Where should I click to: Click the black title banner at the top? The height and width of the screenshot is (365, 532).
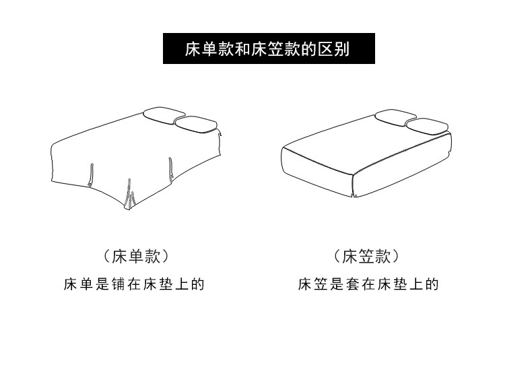pyautogui.click(x=269, y=48)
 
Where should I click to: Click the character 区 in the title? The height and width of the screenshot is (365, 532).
pyautogui.click(x=325, y=49)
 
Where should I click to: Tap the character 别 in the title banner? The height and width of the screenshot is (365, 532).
pyautogui.click(x=341, y=49)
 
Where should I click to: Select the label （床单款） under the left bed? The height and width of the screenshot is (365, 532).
pyautogui.click(x=135, y=257)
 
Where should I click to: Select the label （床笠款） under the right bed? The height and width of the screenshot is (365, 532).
pyautogui.click(x=366, y=257)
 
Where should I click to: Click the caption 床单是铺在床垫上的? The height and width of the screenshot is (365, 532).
pyautogui.click(x=134, y=284)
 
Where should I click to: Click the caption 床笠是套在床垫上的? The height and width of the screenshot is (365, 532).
pyautogui.click(x=368, y=284)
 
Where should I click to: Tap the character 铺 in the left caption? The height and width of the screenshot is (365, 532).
pyautogui.click(x=119, y=284)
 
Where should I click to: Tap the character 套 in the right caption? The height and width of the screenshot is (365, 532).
pyautogui.click(x=353, y=284)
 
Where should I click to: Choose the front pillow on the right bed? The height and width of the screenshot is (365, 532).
pyautogui.click(x=428, y=126)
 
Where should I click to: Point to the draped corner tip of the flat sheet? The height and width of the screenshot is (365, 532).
pyautogui.click(x=128, y=209)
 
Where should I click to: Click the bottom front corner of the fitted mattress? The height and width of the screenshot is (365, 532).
pyautogui.click(x=354, y=197)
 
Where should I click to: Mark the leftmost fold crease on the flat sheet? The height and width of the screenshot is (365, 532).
pyautogui.click(x=91, y=175)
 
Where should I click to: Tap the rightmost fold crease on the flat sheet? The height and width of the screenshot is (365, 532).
pyautogui.click(x=171, y=168)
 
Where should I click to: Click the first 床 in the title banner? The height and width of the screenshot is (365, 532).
pyautogui.click(x=193, y=49)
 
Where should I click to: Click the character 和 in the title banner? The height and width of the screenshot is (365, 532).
pyautogui.click(x=242, y=49)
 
